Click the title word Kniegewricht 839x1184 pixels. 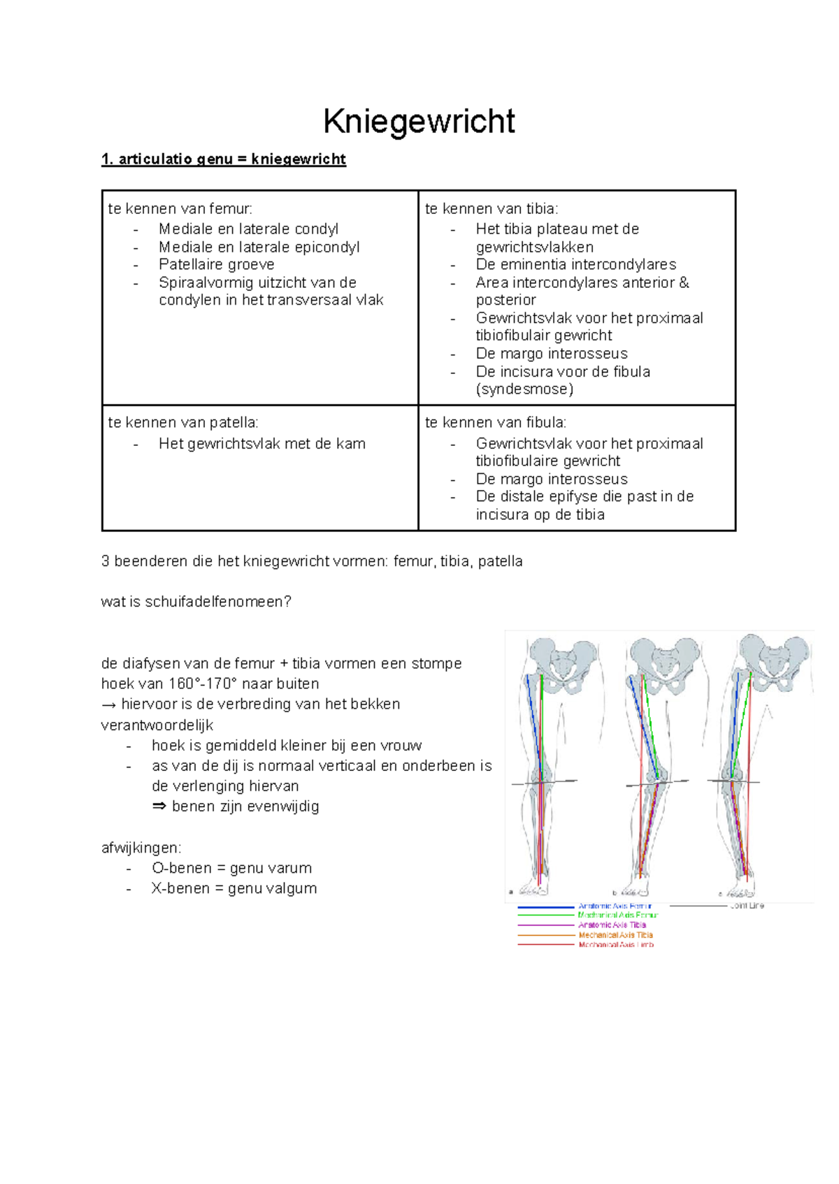coord(419,122)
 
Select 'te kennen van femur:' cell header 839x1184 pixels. coord(180,208)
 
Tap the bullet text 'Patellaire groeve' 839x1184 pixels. coord(216,264)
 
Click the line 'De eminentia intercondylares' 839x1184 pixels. coord(575,264)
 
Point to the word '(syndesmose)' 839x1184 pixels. coord(524,389)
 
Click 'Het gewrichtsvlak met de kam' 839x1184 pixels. coord(261,444)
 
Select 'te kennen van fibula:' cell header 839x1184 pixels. coord(496,422)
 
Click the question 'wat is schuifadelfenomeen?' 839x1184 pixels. coord(196,602)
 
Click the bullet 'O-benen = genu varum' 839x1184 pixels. coord(231,868)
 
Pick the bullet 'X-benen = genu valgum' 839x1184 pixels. coord(234,888)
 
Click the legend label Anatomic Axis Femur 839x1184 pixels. coord(615,906)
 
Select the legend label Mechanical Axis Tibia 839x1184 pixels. coord(615,935)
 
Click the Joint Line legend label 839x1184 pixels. coord(747,906)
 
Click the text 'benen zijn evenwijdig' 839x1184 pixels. coord(245,807)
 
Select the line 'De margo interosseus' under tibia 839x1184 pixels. coord(551,354)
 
